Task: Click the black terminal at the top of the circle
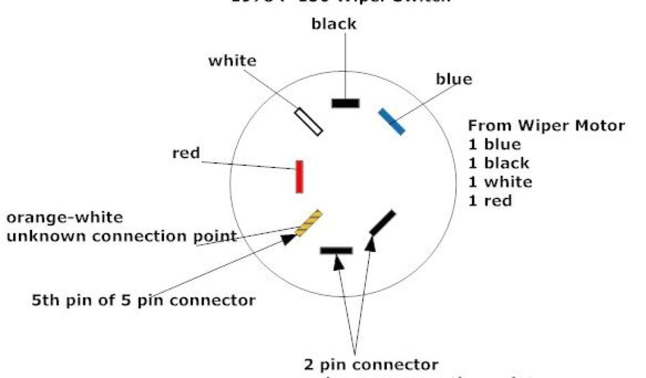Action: coord(345,103)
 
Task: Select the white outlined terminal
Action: coord(308,122)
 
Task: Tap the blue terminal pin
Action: coord(391,121)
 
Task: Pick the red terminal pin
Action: coord(300,176)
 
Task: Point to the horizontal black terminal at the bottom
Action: coord(336,250)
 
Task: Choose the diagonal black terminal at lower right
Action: coord(383,222)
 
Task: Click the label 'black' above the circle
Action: coord(334,25)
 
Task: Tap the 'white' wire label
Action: coord(232,61)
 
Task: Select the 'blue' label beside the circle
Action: coord(454,79)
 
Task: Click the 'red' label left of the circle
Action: coord(185,153)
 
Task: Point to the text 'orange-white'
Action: coord(64,218)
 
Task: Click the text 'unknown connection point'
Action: coord(121,237)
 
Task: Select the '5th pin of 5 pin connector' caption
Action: coord(144,300)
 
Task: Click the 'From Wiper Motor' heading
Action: coord(546,125)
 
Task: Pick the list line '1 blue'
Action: coord(495,144)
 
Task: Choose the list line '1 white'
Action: coord(500,182)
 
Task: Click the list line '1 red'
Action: coord(490,201)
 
